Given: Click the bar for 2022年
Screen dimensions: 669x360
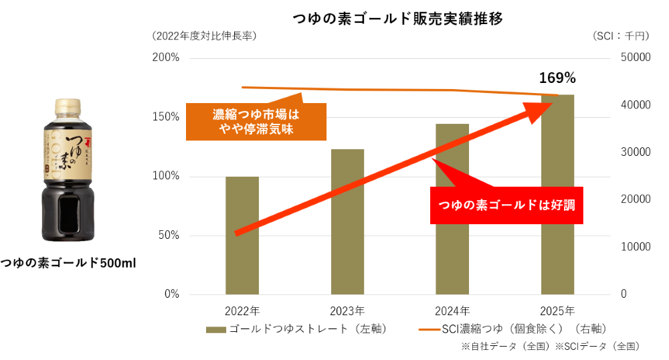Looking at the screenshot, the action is [x=242, y=236].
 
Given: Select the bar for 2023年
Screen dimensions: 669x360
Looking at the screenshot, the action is [x=347, y=221].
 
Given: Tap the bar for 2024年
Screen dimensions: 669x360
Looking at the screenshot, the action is [x=452, y=209].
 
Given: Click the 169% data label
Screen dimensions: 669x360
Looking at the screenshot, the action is [x=557, y=78].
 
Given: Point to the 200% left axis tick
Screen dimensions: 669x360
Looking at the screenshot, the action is [x=165, y=58].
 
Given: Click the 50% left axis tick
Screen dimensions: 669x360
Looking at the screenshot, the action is [x=169, y=235].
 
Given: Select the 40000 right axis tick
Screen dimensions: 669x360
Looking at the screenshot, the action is [x=636, y=105].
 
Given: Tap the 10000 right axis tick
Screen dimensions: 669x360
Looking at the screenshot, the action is [x=636, y=246].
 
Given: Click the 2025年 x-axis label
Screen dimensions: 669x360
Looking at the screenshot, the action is [x=557, y=311].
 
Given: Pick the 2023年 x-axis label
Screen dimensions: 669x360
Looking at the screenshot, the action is [x=347, y=311].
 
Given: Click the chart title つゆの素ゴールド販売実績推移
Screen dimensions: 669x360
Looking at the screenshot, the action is [x=397, y=19].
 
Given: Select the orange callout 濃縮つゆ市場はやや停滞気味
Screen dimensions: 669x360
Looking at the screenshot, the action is [x=256, y=122].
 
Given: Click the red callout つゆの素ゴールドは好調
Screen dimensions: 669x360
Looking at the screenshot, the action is [x=506, y=205].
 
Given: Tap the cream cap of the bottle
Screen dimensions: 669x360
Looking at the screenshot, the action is [x=68, y=106].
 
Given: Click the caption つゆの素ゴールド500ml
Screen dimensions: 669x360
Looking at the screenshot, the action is [x=68, y=263].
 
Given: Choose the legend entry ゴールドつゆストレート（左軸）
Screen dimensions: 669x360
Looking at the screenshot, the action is [x=297, y=329].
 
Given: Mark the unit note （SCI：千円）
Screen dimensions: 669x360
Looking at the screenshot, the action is [x=621, y=36].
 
